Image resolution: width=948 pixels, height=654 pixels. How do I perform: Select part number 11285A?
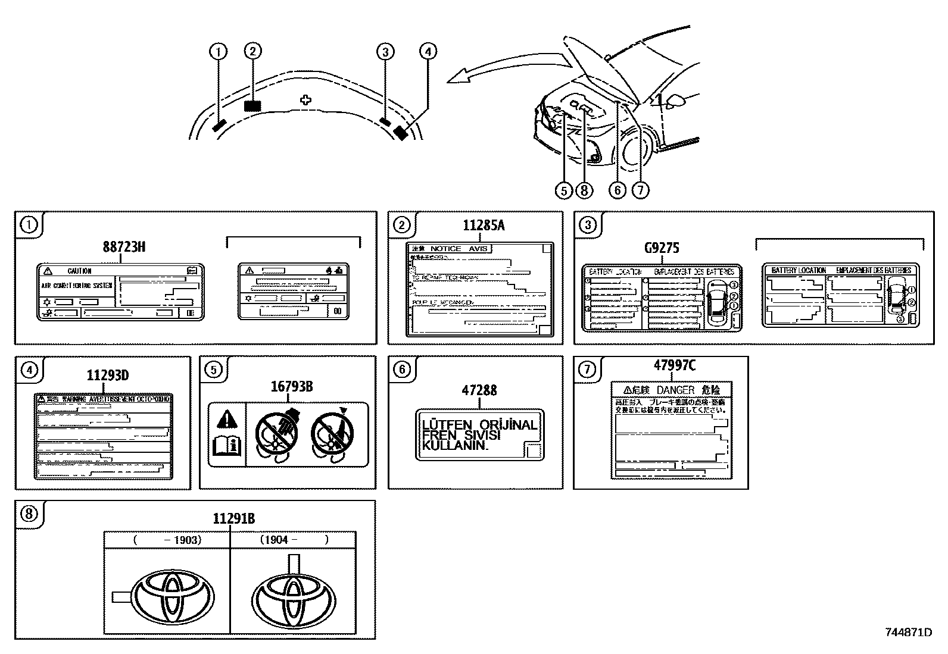click(484, 226)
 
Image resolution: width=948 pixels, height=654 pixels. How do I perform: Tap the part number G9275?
click(662, 248)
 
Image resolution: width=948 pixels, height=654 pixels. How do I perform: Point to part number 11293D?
click(108, 375)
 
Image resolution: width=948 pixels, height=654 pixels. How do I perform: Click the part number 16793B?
click(292, 387)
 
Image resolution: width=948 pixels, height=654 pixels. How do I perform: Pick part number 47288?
click(479, 390)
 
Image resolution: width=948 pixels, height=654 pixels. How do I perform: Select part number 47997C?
click(674, 365)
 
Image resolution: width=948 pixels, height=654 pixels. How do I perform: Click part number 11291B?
click(234, 519)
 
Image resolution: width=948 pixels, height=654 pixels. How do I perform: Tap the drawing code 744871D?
click(908, 632)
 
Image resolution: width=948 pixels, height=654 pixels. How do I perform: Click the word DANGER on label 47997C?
click(675, 390)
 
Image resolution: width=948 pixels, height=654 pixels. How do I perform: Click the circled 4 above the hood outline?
click(428, 52)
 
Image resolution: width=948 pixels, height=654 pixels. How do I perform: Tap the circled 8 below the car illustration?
click(584, 190)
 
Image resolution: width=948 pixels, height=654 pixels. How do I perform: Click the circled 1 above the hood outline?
click(219, 52)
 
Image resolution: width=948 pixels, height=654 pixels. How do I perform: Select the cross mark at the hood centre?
click(305, 100)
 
